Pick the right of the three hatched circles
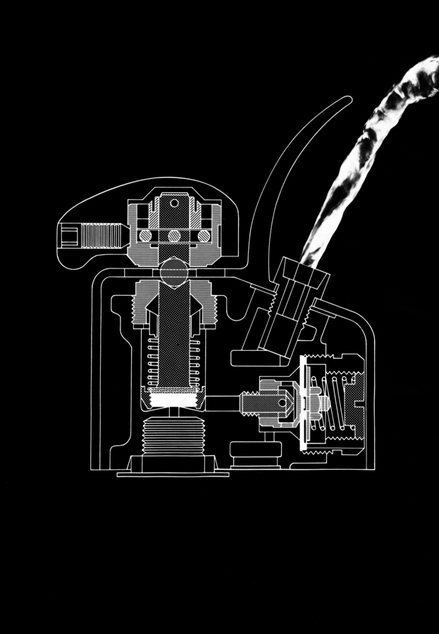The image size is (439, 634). click(204, 235)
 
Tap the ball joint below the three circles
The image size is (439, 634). click(174, 268)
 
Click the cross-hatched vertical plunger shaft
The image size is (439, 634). click(174, 331)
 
